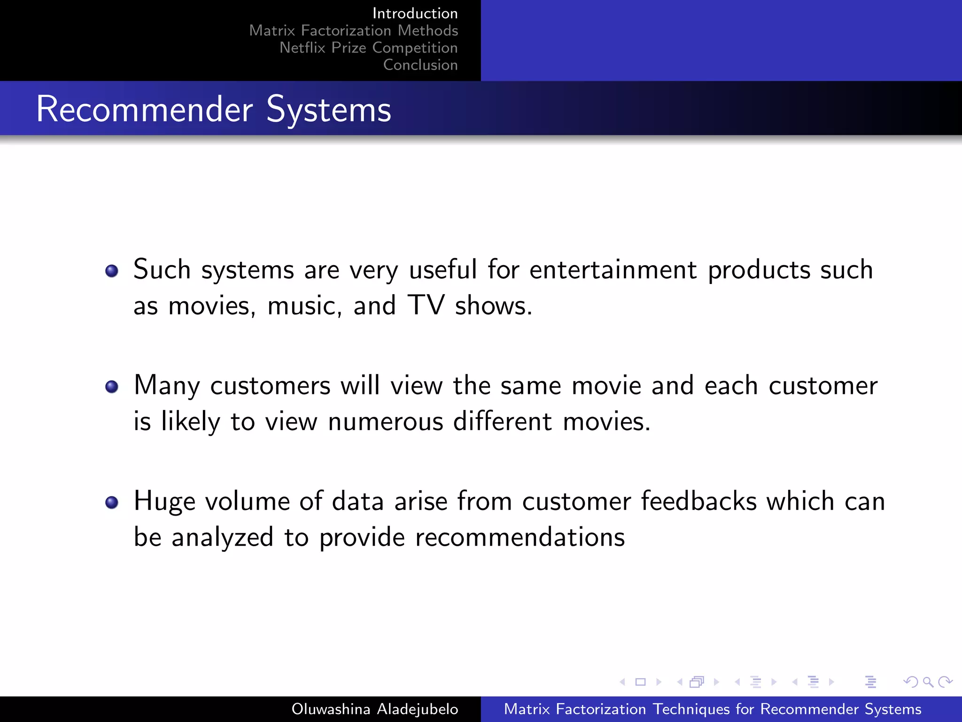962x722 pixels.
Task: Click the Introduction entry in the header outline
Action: click(415, 13)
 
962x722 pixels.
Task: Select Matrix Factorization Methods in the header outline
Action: click(353, 31)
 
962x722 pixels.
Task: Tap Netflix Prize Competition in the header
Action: click(368, 47)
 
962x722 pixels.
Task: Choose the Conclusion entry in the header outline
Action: click(420, 65)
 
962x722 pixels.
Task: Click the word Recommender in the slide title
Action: click(144, 109)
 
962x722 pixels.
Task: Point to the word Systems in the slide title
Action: click(328, 110)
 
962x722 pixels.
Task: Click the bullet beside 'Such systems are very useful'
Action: click(112, 271)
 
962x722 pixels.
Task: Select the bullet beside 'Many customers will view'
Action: click(112, 386)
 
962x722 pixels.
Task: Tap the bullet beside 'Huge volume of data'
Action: click(112, 502)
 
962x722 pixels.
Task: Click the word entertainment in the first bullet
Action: click(613, 270)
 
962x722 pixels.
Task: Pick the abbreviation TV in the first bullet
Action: click(426, 305)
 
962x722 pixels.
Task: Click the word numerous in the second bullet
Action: click(385, 421)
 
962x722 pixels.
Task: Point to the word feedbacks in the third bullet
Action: click(698, 501)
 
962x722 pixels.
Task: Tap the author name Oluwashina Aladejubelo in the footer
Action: click(374, 709)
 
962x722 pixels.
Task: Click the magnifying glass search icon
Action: click(928, 682)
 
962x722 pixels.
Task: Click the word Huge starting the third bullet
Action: click(164, 502)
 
